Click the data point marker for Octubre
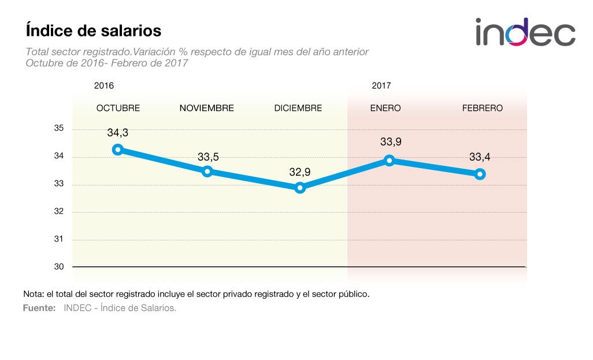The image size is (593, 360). [118, 150]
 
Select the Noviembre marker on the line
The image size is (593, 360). [207, 171]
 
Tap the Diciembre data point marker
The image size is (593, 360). [299, 188]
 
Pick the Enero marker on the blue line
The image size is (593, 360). [390, 160]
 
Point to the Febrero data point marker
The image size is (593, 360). [480, 174]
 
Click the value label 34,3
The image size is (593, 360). [117, 133]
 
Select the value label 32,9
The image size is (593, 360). [299, 172]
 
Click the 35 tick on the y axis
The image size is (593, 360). [59, 129]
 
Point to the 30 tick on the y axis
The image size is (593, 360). [59, 266]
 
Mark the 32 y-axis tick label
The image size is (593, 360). [59, 212]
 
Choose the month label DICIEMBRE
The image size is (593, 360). [298, 108]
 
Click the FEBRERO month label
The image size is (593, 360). [482, 108]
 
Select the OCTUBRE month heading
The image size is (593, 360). [118, 108]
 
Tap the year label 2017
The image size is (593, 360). [381, 86]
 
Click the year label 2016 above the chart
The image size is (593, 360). [104, 86]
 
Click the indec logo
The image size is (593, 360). [525, 32]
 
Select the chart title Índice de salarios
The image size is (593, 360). [93, 30]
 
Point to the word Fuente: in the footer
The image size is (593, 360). [39, 308]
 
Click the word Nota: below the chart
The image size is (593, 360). [34, 294]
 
